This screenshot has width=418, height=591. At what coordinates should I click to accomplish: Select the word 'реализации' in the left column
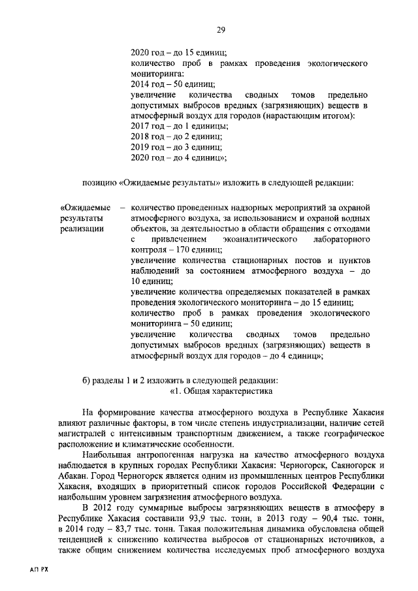click(x=81, y=229)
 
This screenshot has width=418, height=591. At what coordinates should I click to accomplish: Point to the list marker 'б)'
click(x=88, y=381)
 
